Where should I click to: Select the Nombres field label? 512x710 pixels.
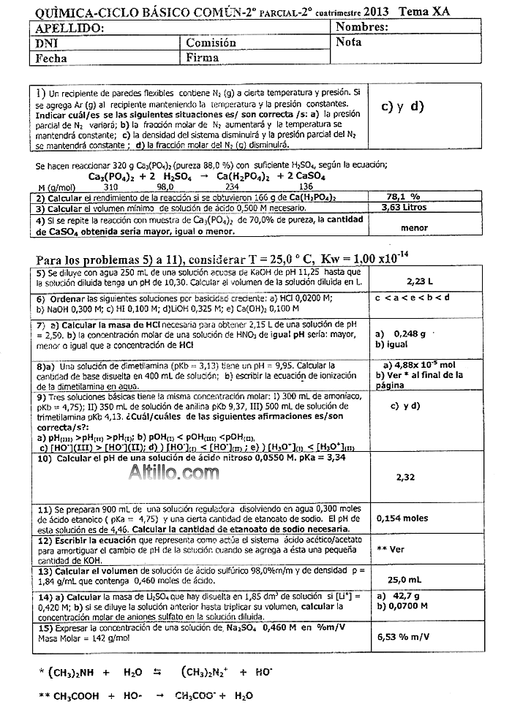pyautogui.click(x=361, y=27)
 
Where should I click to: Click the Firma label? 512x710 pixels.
pyautogui.click(x=203, y=57)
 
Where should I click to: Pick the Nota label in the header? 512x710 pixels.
pyautogui.click(x=349, y=42)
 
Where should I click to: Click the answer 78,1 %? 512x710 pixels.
pyautogui.click(x=404, y=197)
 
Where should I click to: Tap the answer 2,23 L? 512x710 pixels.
pyautogui.click(x=419, y=279)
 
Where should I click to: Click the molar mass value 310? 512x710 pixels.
pyautogui.click(x=111, y=187)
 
